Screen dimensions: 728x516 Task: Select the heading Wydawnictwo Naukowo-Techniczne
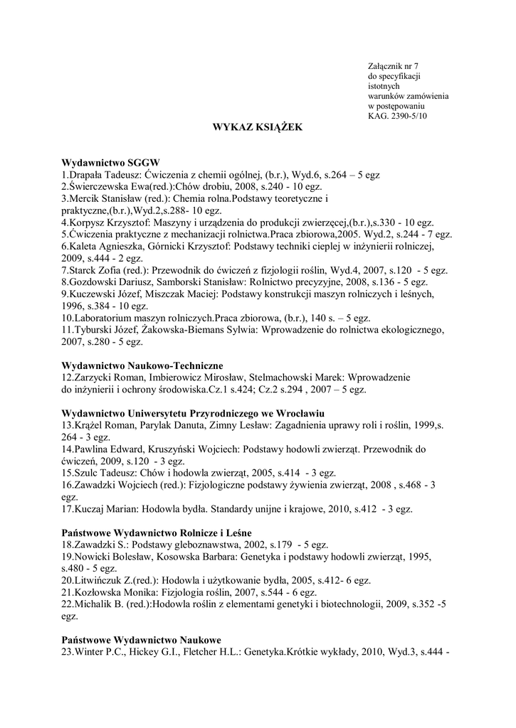click(143, 365)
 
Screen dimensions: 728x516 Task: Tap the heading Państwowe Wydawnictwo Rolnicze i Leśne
click(157, 532)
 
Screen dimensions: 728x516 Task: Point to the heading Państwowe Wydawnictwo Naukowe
click(142, 641)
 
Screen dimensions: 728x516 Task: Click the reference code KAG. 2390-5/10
click(398, 115)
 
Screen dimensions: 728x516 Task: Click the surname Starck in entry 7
click(82, 271)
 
